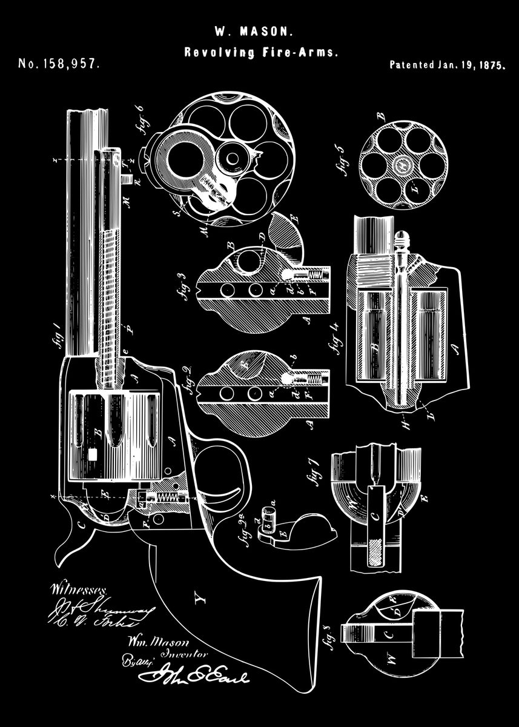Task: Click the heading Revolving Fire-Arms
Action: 260,53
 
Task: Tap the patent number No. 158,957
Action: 59,64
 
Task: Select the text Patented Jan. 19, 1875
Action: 447,65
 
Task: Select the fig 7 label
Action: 313,472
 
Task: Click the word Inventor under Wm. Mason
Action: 185,654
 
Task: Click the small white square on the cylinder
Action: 93,453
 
